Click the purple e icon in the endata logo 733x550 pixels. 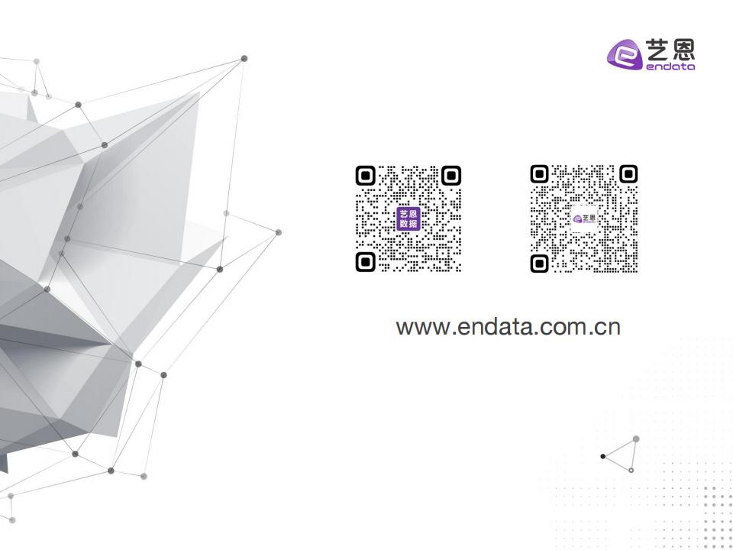[x=625, y=55]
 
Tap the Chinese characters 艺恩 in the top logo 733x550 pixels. [x=670, y=50]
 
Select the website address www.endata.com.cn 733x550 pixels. [x=509, y=327]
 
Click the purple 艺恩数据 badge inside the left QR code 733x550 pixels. [x=408, y=219]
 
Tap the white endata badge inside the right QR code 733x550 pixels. [x=584, y=218]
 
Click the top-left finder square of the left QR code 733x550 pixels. [x=366, y=176]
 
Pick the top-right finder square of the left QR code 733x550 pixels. [x=451, y=176]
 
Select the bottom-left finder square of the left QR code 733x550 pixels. [x=366, y=261]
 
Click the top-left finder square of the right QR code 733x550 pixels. [x=540, y=174]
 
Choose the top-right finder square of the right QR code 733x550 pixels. [x=628, y=174]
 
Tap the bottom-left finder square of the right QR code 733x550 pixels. [x=540, y=264]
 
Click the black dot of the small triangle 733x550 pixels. [x=603, y=457]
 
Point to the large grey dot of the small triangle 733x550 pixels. [x=636, y=439]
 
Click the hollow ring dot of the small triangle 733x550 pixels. [x=631, y=470]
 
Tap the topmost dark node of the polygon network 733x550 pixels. [x=244, y=59]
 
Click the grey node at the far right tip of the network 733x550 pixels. [x=279, y=232]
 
